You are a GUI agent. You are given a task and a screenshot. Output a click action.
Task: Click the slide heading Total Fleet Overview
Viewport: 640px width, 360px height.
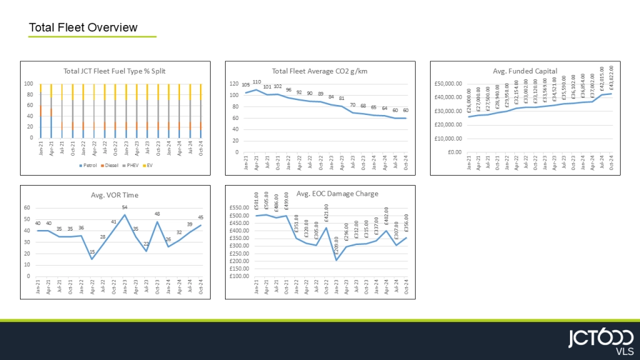pos(83,27)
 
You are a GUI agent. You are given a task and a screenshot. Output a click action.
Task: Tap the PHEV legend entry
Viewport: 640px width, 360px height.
pos(129,167)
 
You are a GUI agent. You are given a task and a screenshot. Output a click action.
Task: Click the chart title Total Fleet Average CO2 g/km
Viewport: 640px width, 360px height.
pos(319,71)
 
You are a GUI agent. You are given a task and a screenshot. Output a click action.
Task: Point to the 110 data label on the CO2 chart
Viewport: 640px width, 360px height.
pos(256,82)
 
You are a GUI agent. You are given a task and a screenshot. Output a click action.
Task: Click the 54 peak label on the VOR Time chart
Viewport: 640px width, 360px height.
pos(124,207)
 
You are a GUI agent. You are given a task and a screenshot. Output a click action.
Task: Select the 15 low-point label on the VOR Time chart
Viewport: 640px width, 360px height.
pos(92,252)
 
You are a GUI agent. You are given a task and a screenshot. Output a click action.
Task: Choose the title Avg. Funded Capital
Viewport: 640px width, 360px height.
pos(524,71)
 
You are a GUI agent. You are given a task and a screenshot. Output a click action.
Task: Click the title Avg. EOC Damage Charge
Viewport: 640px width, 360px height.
pos(337,194)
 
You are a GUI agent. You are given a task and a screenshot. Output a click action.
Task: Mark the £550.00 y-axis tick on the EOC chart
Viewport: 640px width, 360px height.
pos(240,208)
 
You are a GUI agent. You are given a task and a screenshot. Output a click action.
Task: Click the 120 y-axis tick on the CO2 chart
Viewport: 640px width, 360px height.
pos(234,84)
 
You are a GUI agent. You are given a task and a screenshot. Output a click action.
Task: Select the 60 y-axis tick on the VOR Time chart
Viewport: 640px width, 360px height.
pos(27,207)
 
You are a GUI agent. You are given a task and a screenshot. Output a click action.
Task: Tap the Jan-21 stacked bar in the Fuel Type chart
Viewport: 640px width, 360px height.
pos(41,111)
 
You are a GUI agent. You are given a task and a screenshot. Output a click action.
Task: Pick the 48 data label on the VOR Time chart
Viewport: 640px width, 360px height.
pos(157,214)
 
